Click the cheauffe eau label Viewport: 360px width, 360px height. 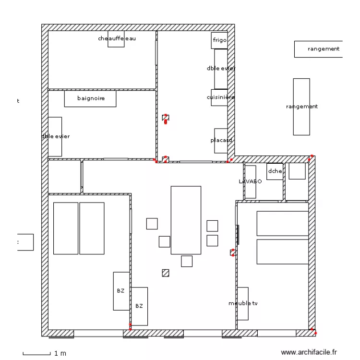[116, 38]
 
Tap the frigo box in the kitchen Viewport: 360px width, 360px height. [219, 40]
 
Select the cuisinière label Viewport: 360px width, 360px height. [221, 97]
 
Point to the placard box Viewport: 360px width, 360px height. [221, 141]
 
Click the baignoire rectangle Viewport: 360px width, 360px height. [90, 98]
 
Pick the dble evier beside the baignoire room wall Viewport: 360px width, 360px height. [55, 136]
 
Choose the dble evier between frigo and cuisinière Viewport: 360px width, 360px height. [221, 69]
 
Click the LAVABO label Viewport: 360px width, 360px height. [250, 181]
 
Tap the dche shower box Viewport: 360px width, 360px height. [275, 171]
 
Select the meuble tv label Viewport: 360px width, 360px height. [243, 303]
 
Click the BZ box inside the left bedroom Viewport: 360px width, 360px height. [121, 291]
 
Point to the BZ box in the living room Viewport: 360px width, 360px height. [139, 306]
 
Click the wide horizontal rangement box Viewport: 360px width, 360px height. [318, 49]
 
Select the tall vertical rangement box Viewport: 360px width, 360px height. [301, 107]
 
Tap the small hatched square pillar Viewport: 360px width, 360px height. [166, 273]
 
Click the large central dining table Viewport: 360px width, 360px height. [186, 220]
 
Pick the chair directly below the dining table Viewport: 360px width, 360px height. [187, 261]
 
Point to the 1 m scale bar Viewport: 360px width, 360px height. [36, 354]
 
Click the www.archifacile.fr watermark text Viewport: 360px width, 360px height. [309, 353]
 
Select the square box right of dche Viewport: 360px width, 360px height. [298, 171]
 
